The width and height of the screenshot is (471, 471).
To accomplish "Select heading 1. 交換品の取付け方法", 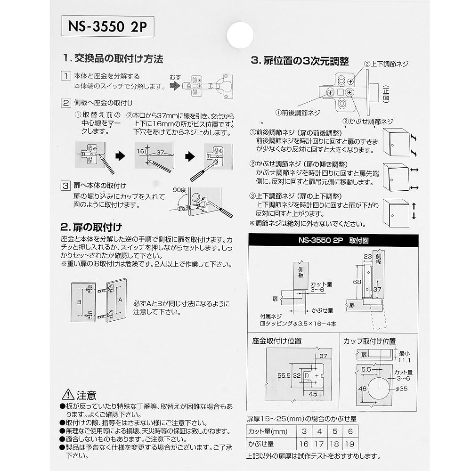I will pos(113,59).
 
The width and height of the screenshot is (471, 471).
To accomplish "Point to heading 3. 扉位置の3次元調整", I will pos(300,61).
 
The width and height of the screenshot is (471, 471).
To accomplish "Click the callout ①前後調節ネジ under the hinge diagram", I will pos(298,113).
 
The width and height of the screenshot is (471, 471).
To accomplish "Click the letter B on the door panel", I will pos(80,301).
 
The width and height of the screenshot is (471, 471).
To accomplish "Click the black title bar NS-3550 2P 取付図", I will pos(333,239).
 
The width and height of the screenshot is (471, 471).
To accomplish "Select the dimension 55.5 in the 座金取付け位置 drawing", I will pos(283,376).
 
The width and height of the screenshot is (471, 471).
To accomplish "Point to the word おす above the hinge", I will pos(176,77).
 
